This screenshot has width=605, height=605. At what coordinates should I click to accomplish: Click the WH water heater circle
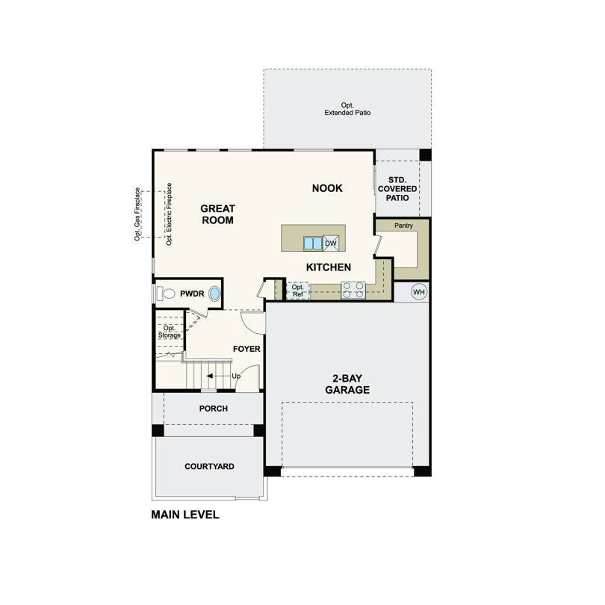(419, 292)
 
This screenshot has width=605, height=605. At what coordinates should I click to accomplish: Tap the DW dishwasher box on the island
(331, 243)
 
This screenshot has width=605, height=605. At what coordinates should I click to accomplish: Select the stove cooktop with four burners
(353, 291)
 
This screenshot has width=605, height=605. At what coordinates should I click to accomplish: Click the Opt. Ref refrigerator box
(298, 291)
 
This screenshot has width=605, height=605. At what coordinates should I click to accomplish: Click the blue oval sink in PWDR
(214, 294)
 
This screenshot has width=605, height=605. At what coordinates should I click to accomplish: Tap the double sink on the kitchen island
(312, 243)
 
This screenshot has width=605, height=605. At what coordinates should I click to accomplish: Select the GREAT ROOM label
(217, 214)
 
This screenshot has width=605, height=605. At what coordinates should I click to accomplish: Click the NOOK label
(327, 188)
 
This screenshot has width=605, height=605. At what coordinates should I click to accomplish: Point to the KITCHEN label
(329, 267)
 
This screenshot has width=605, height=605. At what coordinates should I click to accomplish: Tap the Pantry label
(403, 226)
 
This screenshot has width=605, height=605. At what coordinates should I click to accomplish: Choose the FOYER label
(246, 350)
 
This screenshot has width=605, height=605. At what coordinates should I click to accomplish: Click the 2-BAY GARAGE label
(347, 384)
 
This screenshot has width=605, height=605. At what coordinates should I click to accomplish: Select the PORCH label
(214, 409)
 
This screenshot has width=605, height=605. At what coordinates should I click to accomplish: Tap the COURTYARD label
(210, 467)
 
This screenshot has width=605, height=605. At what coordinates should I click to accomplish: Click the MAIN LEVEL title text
(185, 515)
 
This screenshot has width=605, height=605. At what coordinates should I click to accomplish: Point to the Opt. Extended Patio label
(347, 109)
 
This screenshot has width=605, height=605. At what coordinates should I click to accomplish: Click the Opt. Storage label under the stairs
(170, 332)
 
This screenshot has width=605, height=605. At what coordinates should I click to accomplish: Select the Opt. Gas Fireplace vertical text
(137, 214)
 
